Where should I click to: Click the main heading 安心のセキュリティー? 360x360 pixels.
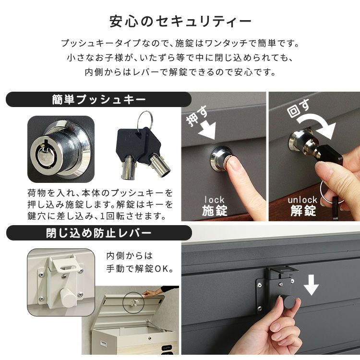(180, 22)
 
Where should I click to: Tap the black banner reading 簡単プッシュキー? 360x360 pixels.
(99, 100)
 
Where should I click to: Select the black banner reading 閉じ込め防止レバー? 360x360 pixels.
(99, 233)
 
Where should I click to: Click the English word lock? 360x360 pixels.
(215, 200)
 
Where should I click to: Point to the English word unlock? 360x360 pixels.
(302, 200)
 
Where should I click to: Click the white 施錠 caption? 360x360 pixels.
(215, 211)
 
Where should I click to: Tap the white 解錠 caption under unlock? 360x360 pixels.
(303, 211)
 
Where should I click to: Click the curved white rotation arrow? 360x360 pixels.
(317, 127)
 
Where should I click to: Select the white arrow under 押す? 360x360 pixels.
(206, 130)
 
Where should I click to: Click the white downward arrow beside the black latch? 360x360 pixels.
(311, 285)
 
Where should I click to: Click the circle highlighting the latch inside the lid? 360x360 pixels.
(133, 302)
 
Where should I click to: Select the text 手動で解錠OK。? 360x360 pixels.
(140, 269)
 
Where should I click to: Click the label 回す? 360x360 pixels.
(298, 108)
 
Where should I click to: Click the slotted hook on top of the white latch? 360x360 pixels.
(66, 264)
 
